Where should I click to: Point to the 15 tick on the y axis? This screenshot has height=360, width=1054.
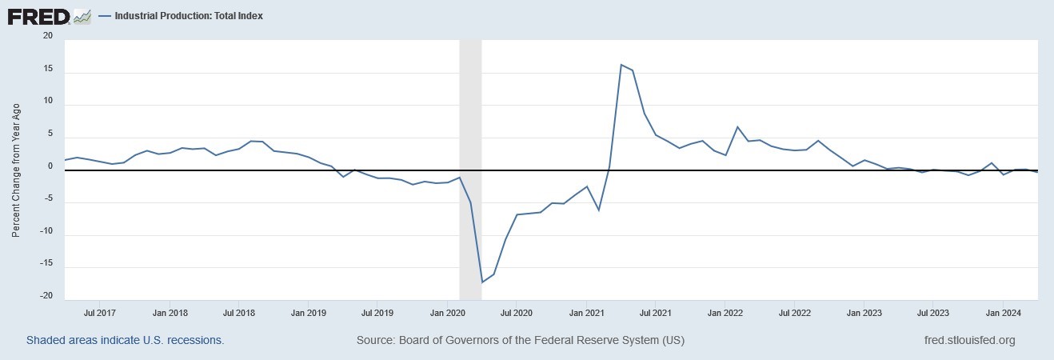[x=47, y=70]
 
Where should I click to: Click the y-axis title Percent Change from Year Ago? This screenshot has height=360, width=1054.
[x=16, y=170]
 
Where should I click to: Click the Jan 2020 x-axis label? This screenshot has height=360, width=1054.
[x=448, y=313]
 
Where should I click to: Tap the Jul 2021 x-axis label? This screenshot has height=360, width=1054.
[x=656, y=313]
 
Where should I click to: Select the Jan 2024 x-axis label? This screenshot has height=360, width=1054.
[x=1002, y=313]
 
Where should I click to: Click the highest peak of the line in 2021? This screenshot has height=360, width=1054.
[x=621, y=65]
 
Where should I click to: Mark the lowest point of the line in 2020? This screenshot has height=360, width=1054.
[x=482, y=282]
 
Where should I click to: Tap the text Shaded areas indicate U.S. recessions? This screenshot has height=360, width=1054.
[x=125, y=340]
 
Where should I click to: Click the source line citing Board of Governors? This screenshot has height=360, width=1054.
[x=521, y=340]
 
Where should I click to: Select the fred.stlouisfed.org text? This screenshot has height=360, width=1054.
[x=968, y=340]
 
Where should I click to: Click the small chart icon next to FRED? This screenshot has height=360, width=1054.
[x=82, y=15]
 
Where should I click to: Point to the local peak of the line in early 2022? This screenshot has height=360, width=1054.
[x=737, y=127]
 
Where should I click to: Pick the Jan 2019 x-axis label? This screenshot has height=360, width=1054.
[x=309, y=313]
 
